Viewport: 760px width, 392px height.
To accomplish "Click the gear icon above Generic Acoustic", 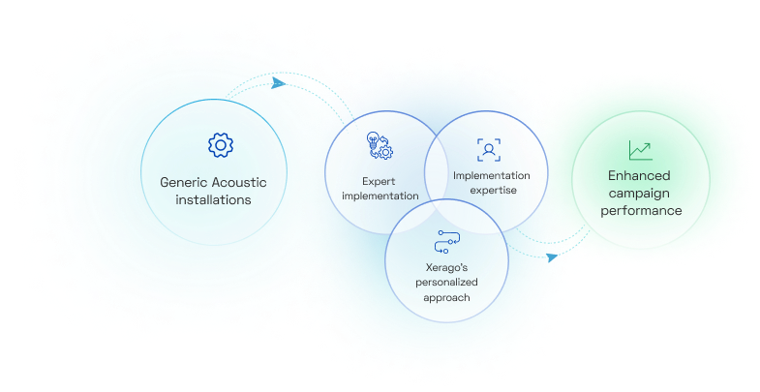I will (x=222, y=145).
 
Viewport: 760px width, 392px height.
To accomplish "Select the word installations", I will (x=213, y=200).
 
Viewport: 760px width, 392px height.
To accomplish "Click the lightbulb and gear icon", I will (x=379, y=146).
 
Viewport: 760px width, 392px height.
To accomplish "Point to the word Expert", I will (x=380, y=180).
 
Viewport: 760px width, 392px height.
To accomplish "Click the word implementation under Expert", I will (x=380, y=196).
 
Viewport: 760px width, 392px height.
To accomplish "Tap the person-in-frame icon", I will (x=490, y=149).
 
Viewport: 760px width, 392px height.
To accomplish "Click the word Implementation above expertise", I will (x=492, y=175).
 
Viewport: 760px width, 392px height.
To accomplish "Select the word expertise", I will (x=492, y=190).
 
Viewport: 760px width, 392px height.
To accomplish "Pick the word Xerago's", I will (x=447, y=267).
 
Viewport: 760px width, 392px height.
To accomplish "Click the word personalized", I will (x=447, y=282).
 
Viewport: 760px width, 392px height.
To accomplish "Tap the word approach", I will (x=447, y=297).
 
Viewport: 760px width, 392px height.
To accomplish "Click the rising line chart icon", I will (x=639, y=150).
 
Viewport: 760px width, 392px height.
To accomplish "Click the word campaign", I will (x=639, y=193).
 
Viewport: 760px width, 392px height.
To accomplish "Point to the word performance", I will (x=639, y=210).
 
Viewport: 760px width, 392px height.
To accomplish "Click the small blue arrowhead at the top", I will (x=279, y=82).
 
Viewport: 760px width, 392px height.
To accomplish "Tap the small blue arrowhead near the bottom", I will (x=551, y=257).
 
